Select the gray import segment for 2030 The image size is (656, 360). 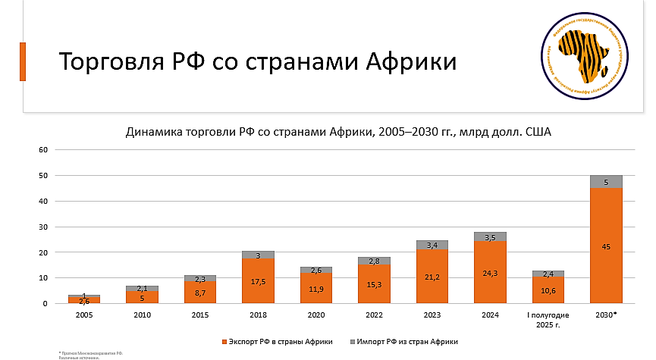click(606, 181)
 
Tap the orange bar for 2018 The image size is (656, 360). click(258, 280)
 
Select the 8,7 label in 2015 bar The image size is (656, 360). click(200, 292)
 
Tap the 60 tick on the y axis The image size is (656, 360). click(44, 149)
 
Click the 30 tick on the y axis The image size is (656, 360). click(44, 227)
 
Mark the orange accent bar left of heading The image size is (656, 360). click(23, 61)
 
